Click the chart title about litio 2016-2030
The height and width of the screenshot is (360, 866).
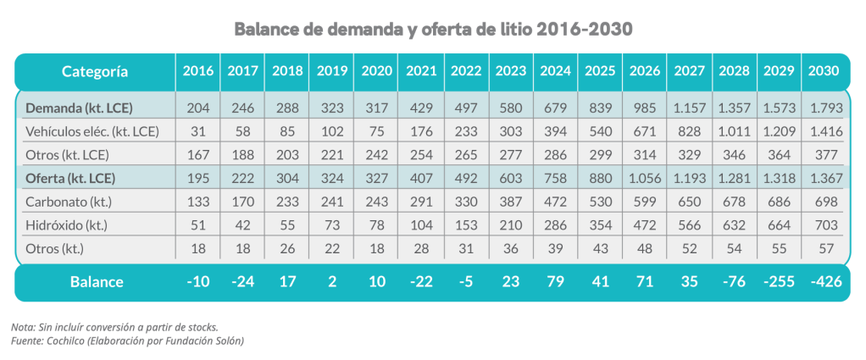433,28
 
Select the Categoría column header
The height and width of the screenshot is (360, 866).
95,71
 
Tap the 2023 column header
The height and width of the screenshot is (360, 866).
510,71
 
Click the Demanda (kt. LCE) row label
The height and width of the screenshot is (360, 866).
70,108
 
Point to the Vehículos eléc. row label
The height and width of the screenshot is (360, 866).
92,131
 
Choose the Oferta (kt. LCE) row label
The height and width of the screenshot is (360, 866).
70,178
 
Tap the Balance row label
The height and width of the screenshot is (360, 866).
95,281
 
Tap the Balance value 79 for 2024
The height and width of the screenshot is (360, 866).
555,281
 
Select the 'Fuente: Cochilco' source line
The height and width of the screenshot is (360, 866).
127,340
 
